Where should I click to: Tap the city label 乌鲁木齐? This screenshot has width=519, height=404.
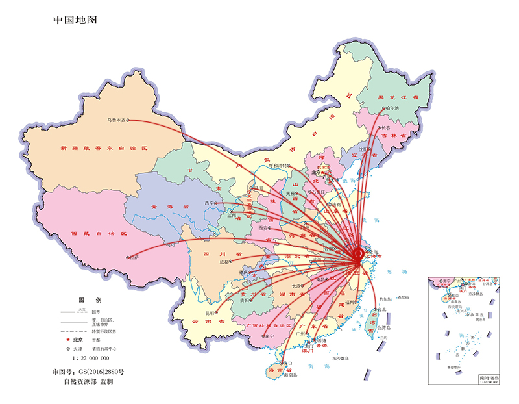[115, 120]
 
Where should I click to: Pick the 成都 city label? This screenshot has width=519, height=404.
[224, 262]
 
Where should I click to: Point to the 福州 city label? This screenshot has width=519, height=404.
[350, 302]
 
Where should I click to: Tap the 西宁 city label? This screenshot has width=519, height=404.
[210, 203]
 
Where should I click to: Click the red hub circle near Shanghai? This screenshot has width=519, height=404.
[357, 256]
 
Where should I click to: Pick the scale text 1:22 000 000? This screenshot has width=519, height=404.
[86, 358]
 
